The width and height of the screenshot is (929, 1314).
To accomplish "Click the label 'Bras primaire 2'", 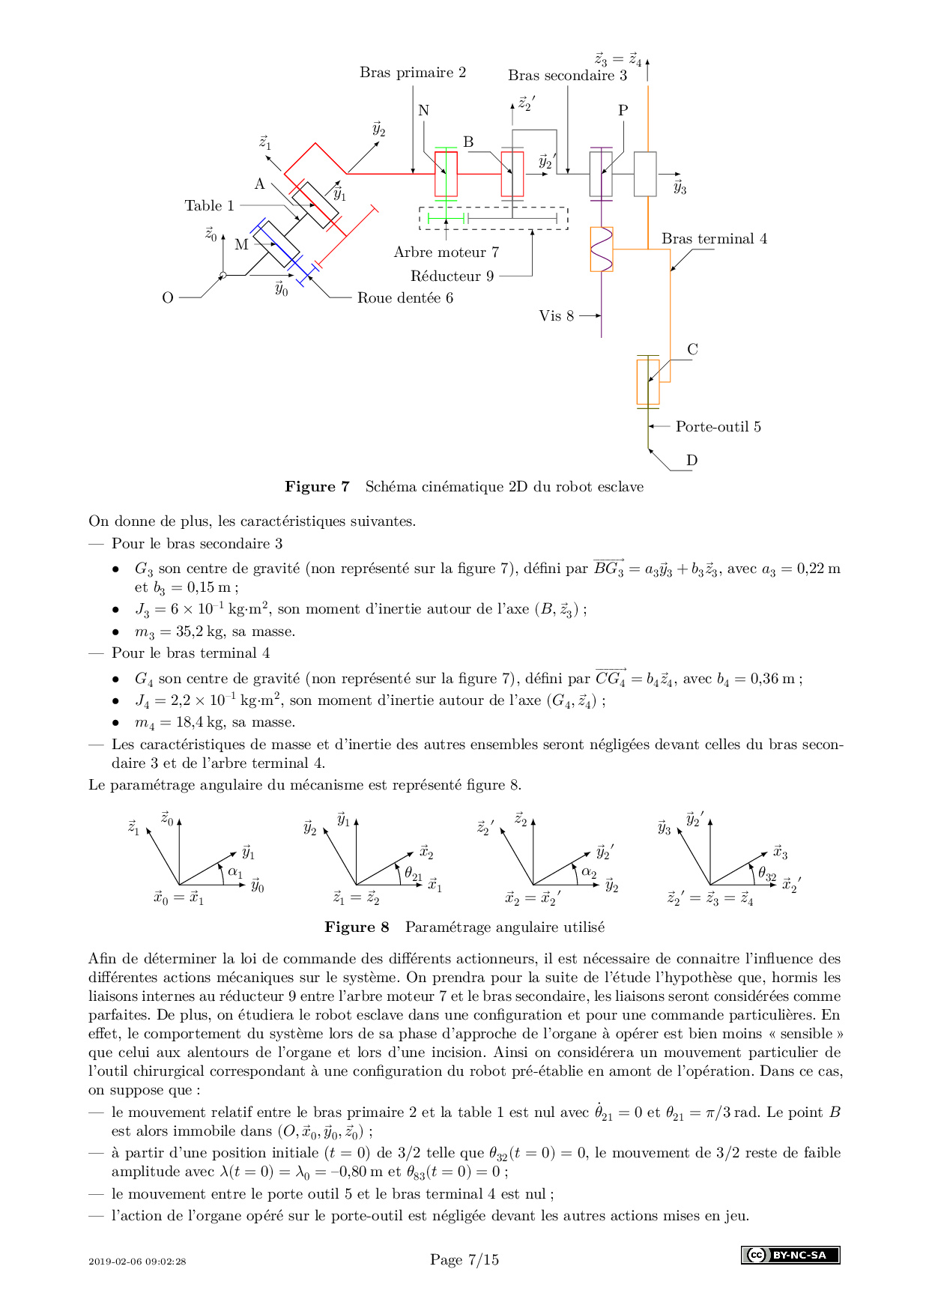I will click(x=413, y=73).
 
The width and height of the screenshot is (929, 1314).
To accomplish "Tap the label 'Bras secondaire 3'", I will click(x=567, y=75).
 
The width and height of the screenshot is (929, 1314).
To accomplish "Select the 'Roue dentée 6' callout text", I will click(x=405, y=298).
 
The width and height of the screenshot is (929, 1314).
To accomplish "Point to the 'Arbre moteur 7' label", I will click(x=447, y=252).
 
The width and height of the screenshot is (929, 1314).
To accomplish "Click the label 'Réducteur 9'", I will click(x=453, y=276).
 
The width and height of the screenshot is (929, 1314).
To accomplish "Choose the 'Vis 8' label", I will click(x=557, y=316).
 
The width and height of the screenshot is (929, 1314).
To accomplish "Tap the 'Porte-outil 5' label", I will click(x=718, y=427).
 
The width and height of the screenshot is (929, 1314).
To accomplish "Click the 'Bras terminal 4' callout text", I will click(x=714, y=239).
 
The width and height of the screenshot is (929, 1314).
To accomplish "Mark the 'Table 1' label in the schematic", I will click(x=210, y=206).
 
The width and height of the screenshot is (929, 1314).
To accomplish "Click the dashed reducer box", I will click(x=493, y=218).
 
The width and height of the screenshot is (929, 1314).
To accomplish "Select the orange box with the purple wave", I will click(x=602, y=249).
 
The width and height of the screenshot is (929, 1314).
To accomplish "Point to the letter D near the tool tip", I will click(x=692, y=461).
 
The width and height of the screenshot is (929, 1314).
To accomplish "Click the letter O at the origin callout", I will click(x=168, y=298).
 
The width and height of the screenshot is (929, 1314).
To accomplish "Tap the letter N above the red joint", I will click(x=423, y=111).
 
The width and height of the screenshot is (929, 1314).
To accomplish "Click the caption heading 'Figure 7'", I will click(x=317, y=487).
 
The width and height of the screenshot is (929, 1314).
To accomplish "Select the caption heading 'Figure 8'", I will click(x=357, y=927).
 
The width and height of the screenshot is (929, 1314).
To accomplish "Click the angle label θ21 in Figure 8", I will click(x=414, y=874).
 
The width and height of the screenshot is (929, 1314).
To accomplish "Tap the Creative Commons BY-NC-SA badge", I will click(x=790, y=1255).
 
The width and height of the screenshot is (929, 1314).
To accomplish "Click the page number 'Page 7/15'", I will click(x=464, y=1260).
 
